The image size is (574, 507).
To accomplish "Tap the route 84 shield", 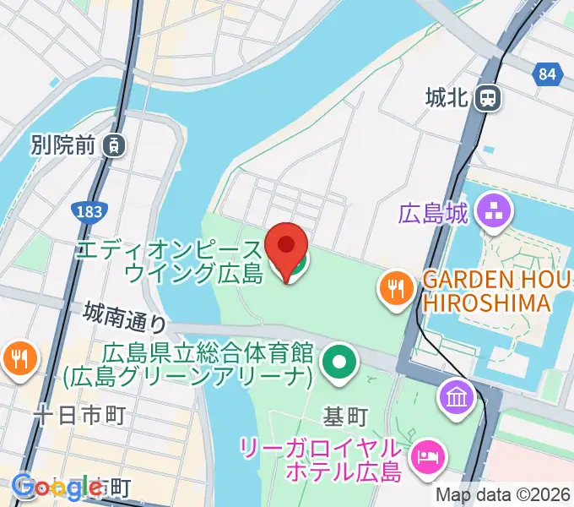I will coord(548,74).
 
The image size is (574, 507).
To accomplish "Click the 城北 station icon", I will coord(488,99).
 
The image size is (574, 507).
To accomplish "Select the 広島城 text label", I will coord(434,213).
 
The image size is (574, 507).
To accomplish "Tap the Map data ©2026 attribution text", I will coord(504,495).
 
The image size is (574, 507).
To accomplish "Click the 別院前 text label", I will coord(61,145).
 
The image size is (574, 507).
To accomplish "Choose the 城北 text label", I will coord(447,99).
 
